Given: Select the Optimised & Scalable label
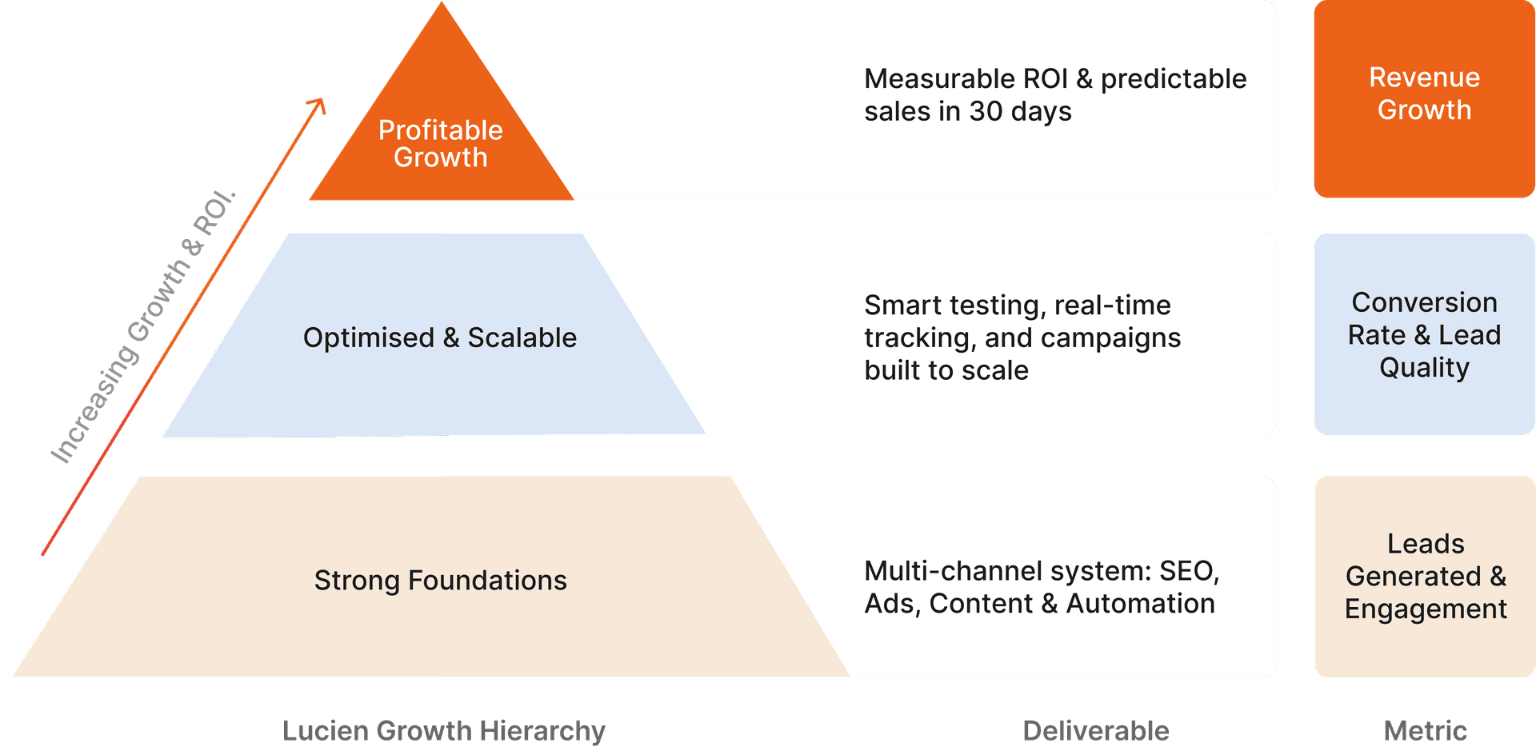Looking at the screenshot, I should click(x=439, y=338).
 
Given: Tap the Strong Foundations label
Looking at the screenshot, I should click(x=440, y=580).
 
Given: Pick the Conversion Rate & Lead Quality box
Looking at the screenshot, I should click(x=1424, y=334).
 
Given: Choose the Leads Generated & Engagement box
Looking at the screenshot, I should click(x=1425, y=576).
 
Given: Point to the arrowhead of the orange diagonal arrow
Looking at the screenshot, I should click(x=319, y=104).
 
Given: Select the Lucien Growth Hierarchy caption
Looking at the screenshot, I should click(x=444, y=730).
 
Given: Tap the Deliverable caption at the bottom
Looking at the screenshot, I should click(x=1095, y=730).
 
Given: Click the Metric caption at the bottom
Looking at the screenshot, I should click(x=1425, y=730).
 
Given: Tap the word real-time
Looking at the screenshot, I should click(x=1112, y=306).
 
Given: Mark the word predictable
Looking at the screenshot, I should click(x=1173, y=79).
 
